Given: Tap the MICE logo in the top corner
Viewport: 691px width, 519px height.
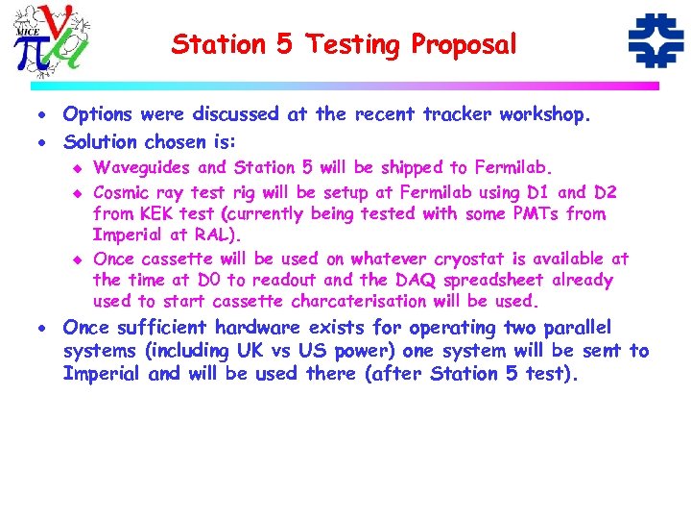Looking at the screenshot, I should click(x=54, y=39).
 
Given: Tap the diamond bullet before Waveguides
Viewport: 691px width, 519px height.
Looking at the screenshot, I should click(x=79, y=169).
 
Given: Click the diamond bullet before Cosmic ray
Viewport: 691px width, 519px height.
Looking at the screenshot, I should click(x=79, y=191).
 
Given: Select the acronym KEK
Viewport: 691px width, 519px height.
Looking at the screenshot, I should click(x=156, y=213).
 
